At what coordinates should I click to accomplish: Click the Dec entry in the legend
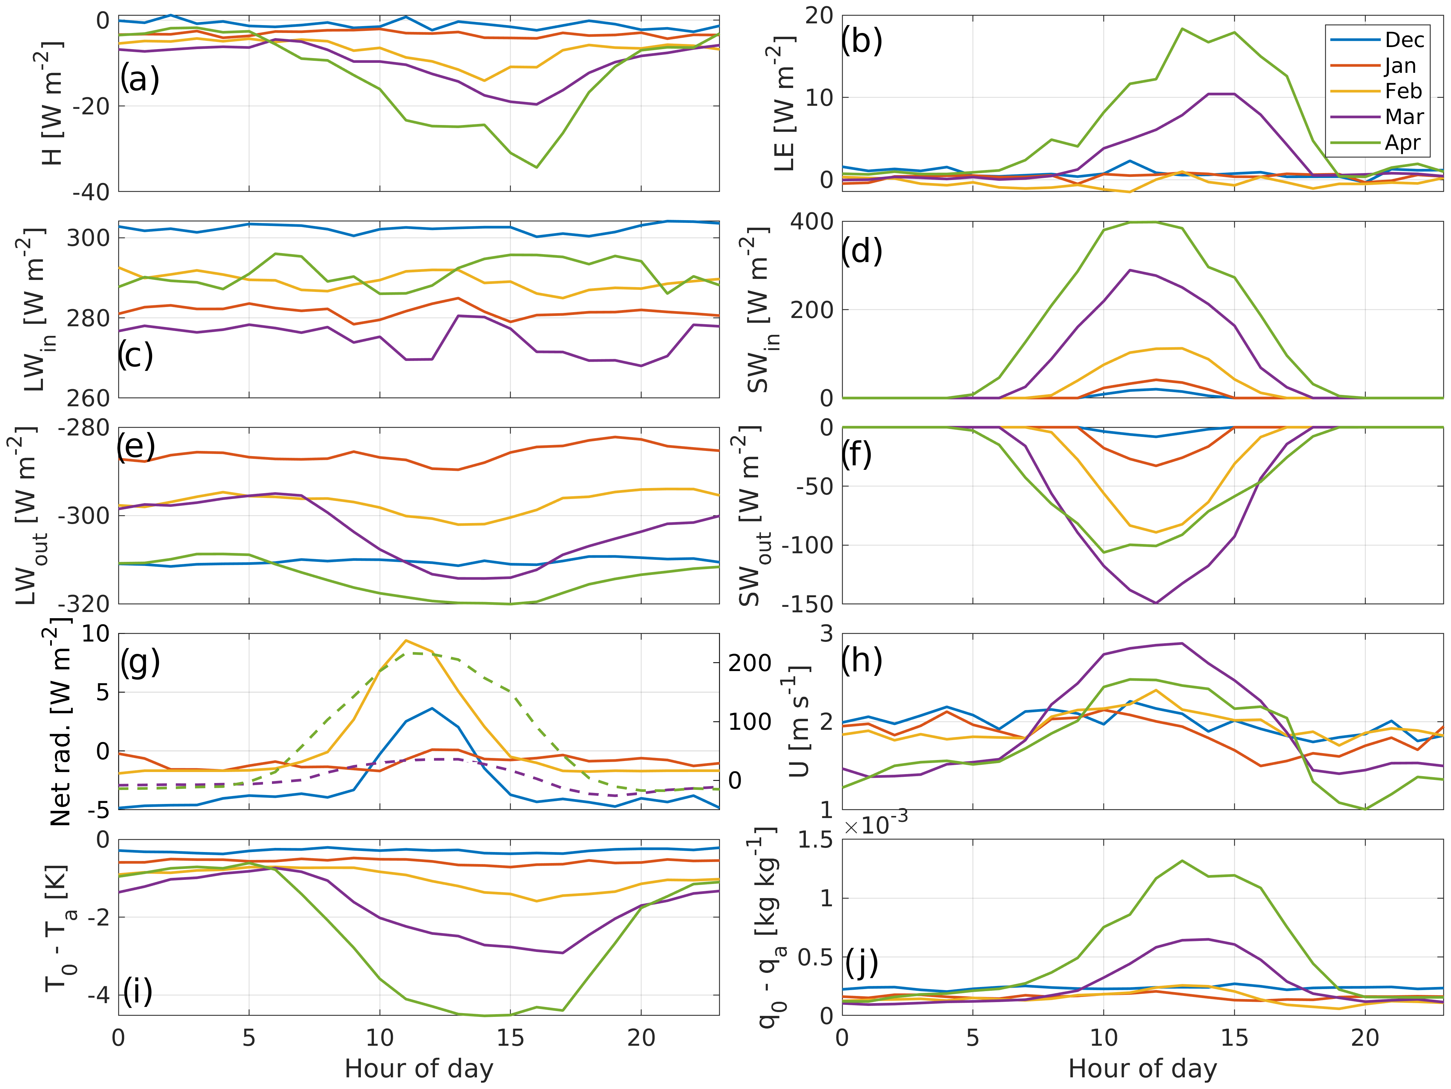coord(1404,40)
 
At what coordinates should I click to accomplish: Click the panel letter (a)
coord(140,79)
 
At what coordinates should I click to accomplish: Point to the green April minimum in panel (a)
coord(537,167)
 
